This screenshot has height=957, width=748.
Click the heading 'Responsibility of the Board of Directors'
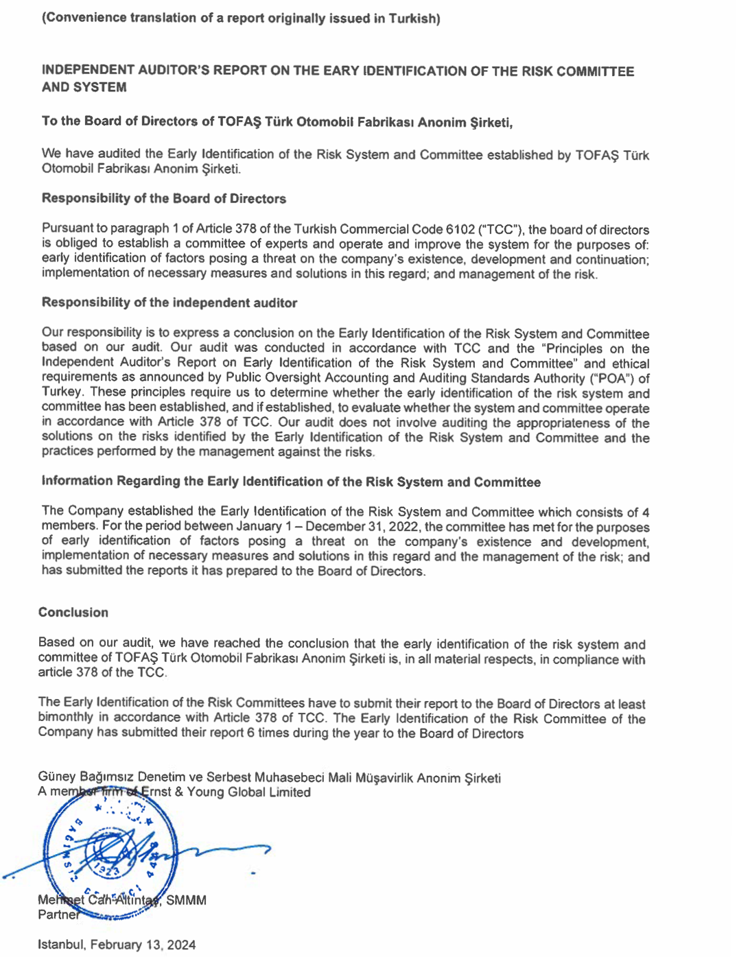tap(163, 199)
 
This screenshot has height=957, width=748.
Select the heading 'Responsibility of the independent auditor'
tap(169, 303)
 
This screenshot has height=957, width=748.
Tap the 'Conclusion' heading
tap(73, 613)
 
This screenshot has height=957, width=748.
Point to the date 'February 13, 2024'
tap(143, 945)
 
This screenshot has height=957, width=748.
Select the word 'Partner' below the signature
tap(58, 914)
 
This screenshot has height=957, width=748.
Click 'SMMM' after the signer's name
tap(186, 900)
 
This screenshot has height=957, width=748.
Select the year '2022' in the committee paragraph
tap(405, 527)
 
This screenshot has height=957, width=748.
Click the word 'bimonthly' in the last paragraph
tap(65, 718)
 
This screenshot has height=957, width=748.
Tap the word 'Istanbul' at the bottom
tap(60, 945)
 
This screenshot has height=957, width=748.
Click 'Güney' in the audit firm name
tap(56, 777)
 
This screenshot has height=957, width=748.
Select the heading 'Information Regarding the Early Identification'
tap(290, 482)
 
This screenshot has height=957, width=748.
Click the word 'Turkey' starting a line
tap(62, 392)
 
